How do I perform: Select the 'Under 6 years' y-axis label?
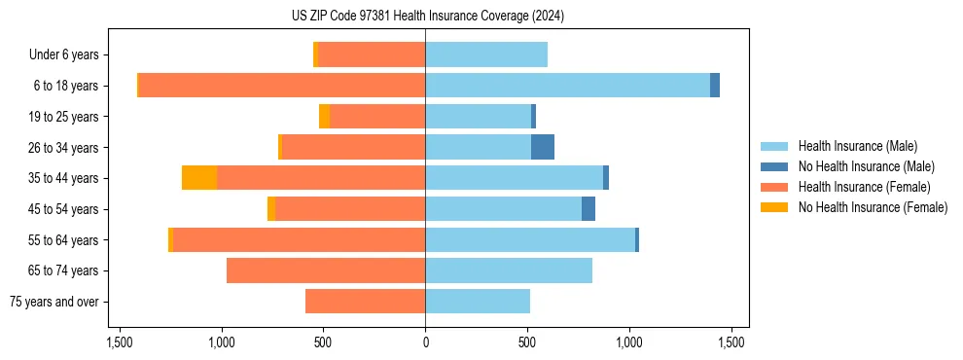pos(63,55)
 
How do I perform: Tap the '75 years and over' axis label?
pos(53,302)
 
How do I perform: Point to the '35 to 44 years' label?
pos(64,178)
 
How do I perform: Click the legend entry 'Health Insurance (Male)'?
pos(857,146)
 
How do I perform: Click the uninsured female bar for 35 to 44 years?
pos(199,178)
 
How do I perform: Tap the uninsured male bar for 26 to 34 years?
pos(543,147)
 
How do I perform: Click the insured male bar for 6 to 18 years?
pos(567,86)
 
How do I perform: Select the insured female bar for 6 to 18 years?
pos(282,86)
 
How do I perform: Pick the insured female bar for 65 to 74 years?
pos(326,270)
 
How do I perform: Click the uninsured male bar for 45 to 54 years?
pos(588,209)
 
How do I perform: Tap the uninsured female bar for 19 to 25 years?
pos(324,117)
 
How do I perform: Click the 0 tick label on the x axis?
pos(425,342)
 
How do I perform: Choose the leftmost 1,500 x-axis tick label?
pos(120,342)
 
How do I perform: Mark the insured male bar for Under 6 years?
pos(486,55)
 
